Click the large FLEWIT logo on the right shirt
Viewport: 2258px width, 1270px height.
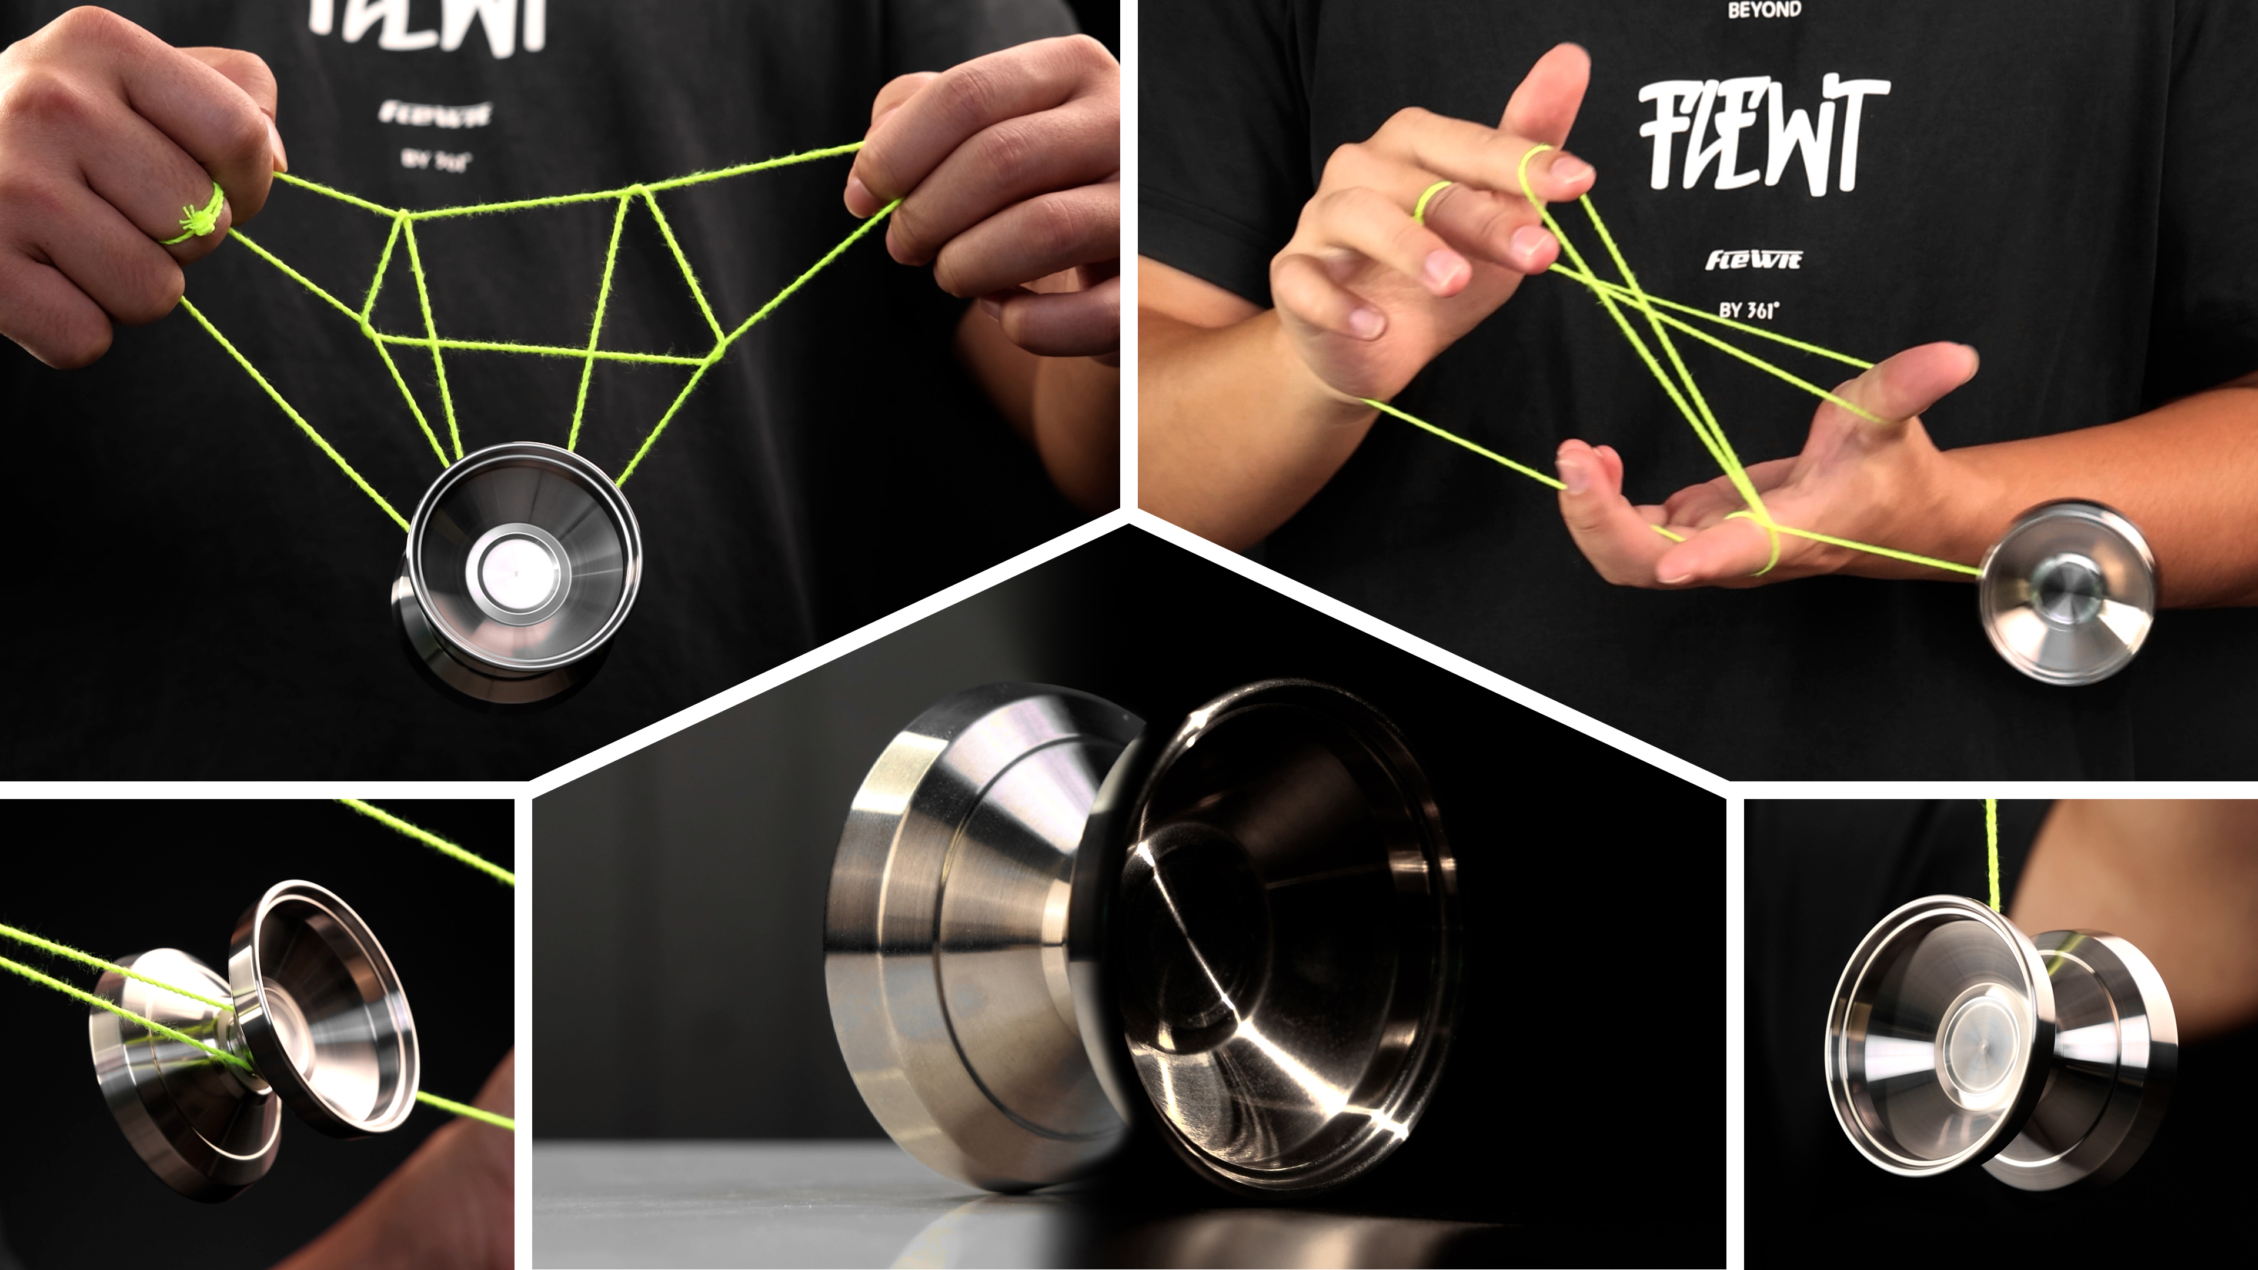pyautogui.click(x=1762, y=136)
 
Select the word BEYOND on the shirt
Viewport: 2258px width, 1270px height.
pyautogui.click(x=1763, y=11)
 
